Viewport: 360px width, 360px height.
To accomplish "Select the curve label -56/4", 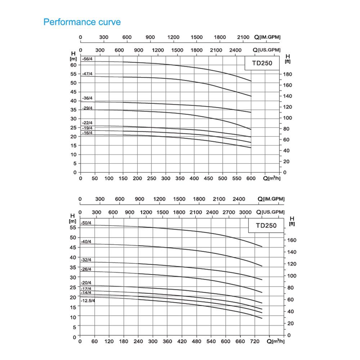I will point(87,59).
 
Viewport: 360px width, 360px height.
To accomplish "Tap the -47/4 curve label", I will point(87,74).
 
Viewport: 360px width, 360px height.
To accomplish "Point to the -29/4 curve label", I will point(87,108).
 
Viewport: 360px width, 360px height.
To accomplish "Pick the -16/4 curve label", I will point(87,133).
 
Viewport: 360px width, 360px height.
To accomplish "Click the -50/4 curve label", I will point(86,223).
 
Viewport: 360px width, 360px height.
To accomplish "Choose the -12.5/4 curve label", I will point(88,301).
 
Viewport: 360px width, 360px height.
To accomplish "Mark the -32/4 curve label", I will point(86,260).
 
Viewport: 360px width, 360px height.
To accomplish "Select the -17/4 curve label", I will point(86,289).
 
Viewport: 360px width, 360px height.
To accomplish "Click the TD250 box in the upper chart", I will point(262,64).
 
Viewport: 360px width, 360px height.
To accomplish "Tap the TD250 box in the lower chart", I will point(266,226).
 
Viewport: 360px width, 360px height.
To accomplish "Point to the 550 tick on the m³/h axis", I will point(237,179).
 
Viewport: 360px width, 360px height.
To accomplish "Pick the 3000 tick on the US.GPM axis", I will point(246,212).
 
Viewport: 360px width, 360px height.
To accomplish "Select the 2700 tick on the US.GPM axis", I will point(229,212).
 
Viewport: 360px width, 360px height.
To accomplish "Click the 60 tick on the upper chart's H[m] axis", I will point(73,65).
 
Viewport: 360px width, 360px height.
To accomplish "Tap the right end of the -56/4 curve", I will point(251,81).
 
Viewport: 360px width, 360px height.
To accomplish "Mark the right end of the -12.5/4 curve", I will point(262,318).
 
